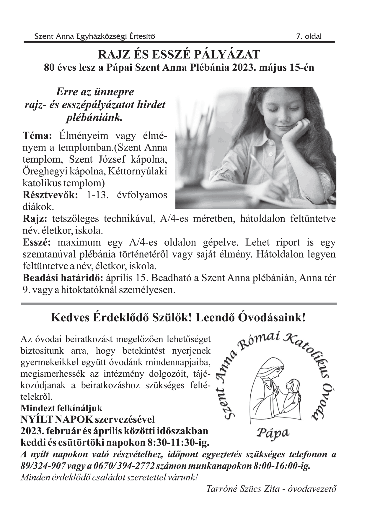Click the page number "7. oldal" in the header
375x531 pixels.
pyautogui.click(x=309, y=37)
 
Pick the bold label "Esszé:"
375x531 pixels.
pyautogui.click(x=37, y=242)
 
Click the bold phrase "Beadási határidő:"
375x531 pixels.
pyautogui.click(x=62, y=278)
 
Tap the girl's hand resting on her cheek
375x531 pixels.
pyautogui.click(x=295, y=132)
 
